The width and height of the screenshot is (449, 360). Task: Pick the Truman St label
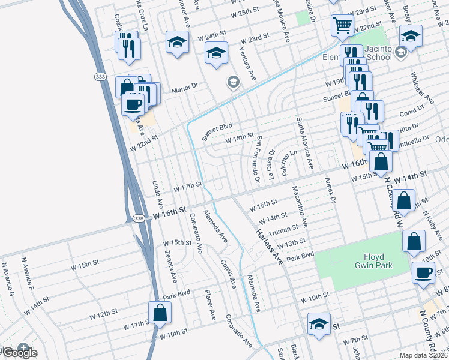click(x=283, y=230)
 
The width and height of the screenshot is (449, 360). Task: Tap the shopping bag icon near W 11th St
click(x=160, y=313)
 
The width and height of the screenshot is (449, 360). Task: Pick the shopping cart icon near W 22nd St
click(x=342, y=25)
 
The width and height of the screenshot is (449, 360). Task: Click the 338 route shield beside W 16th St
click(x=139, y=218)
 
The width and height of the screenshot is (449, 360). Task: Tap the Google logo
click(x=19, y=353)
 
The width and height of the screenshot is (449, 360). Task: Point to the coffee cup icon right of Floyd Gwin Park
click(x=423, y=272)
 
